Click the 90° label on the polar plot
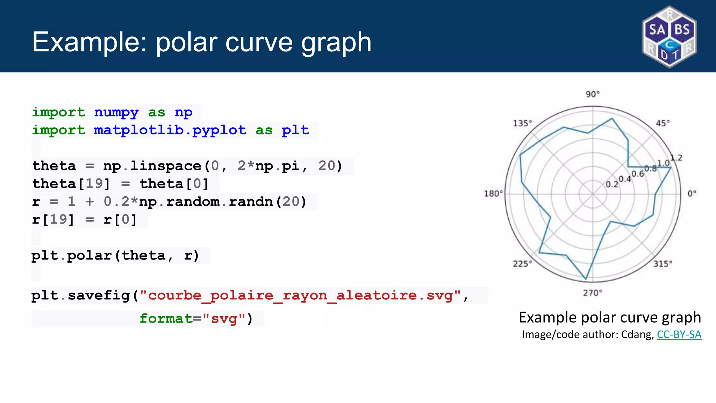(x=593, y=94)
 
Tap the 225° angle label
(x=522, y=264)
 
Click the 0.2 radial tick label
(x=612, y=184)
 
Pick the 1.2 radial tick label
(x=676, y=158)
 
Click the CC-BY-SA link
(x=679, y=335)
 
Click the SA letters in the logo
(x=657, y=30)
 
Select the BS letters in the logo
(x=682, y=30)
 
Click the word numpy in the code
(x=116, y=112)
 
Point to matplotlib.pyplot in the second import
(x=170, y=130)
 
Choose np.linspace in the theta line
(x=152, y=166)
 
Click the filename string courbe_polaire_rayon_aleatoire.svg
(x=301, y=296)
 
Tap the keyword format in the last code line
(x=166, y=319)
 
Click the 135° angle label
(x=522, y=123)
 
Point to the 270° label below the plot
(x=593, y=293)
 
